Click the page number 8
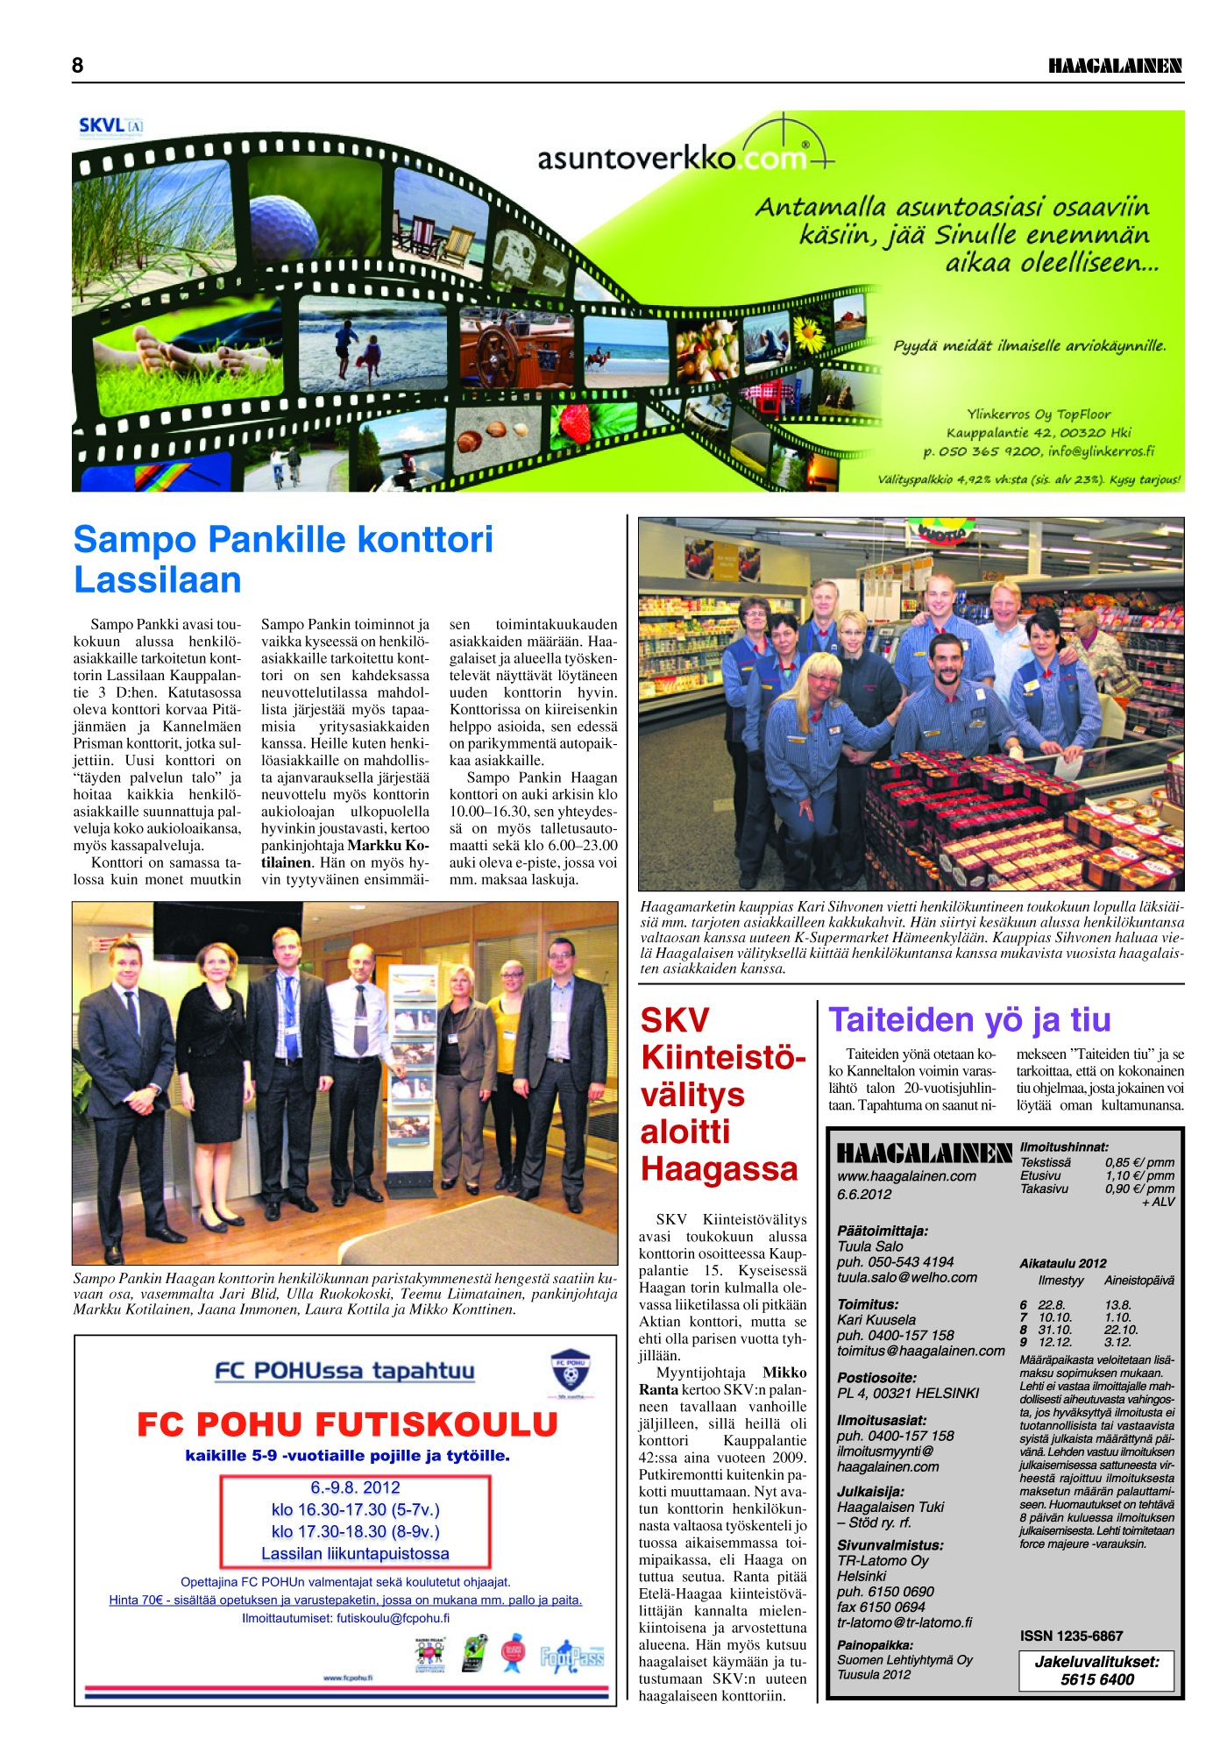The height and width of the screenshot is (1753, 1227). pyautogui.click(x=78, y=66)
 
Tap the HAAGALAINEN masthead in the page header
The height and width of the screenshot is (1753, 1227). pyautogui.click(x=1115, y=67)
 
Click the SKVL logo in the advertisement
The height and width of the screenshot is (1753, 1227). pyautogui.click(x=110, y=125)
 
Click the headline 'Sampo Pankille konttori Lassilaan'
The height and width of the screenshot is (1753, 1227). pyautogui.click(x=283, y=559)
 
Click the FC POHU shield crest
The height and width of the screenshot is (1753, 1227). pyautogui.click(x=570, y=1372)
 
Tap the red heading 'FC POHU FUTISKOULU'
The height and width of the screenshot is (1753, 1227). pyautogui.click(x=347, y=1424)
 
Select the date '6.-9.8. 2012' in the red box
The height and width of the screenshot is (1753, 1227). pyautogui.click(x=355, y=1487)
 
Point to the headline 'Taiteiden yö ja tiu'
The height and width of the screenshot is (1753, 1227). pyautogui.click(x=969, y=1019)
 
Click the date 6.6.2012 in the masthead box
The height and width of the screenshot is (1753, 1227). pyautogui.click(x=864, y=1194)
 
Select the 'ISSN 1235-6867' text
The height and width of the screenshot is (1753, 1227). pyautogui.click(x=1071, y=1636)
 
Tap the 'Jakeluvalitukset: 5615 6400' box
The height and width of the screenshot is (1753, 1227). pyautogui.click(x=1096, y=1671)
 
